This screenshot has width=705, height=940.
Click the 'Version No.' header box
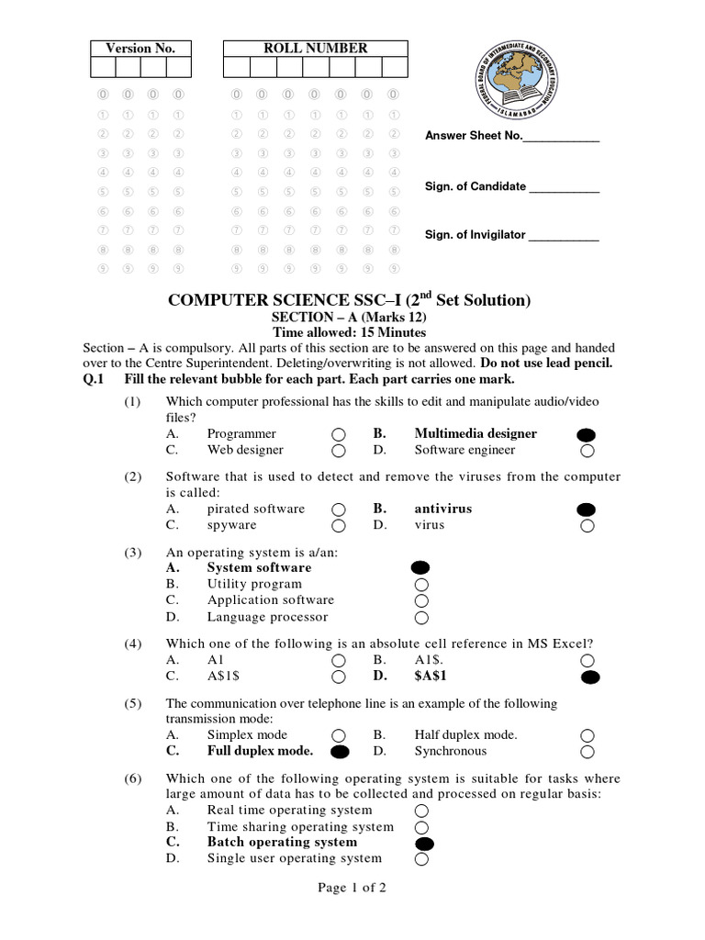click(140, 49)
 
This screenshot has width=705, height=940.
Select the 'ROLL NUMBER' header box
click(316, 49)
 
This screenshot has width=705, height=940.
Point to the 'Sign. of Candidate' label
click(475, 186)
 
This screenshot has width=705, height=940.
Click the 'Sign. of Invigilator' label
click(475, 235)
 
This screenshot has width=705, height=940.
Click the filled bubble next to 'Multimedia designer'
click(587, 434)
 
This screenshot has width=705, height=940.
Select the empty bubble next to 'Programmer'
click(339, 434)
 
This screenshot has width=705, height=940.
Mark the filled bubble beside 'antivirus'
click(587, 509)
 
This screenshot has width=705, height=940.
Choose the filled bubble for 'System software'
click(420, 568)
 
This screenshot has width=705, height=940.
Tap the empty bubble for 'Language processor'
click(421, 618)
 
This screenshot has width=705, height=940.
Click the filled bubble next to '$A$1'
click(589, 677)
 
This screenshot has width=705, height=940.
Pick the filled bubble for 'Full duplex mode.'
click(340, 752)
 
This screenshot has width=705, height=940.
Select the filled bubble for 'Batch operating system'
click(423, 843)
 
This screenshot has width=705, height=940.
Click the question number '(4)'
click(133, 643)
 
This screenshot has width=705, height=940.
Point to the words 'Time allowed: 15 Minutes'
click(350, 332)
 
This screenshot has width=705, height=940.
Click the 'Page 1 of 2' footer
click(352, 888)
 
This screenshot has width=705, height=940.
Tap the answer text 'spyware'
click(231, 525)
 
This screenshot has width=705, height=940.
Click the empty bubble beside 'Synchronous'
click(587, 752)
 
